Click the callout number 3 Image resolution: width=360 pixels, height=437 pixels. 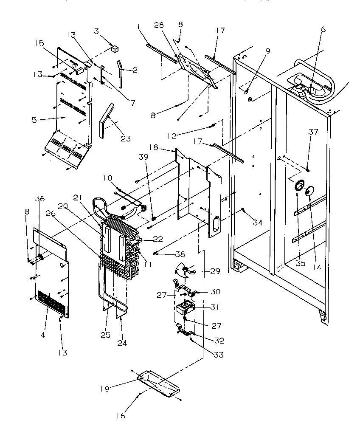click(x=97, y=32)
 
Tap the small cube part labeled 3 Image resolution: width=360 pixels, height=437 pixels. click(x=114, y=48)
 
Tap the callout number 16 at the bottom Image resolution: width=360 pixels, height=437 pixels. click(x=121, y=416)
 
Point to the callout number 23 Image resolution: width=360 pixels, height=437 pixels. click(x=126, y=138)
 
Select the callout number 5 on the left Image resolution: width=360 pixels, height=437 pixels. click(x=34, y=120)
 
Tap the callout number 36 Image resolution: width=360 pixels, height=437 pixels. click(x=39, y=198)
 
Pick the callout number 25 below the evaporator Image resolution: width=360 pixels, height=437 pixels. click(x=105, y=335)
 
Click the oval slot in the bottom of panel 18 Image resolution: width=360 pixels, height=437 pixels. click(x=215, y=224)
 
